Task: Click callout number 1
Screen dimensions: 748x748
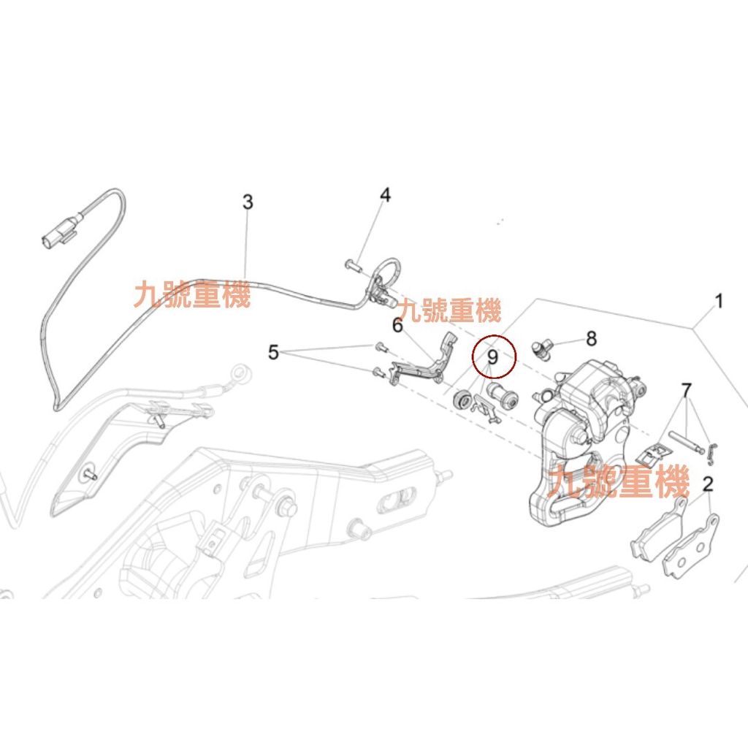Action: pyautogui.click(x=718, y=302)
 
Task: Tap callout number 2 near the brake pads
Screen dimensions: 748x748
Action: pyautogui.click(x=708, y=484)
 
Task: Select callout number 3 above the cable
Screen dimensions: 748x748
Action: pyautogui.click(x=248, y=202)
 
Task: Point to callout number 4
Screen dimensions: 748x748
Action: pyautogui.click(x=385, y=195)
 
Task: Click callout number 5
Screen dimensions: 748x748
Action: pyautogui.click(x=273, y=354)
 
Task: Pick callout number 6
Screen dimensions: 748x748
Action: pyautogui.click(x=397, y=326)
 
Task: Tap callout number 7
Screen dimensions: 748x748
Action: pyautogui.click(x=686, y=391)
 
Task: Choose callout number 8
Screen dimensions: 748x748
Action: pyautogui.click(x=591, y=338)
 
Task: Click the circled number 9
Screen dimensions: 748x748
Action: pyautogui.click(x=493, y=357)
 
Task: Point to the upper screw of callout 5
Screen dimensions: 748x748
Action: pyautogui.click(x=379, y=346)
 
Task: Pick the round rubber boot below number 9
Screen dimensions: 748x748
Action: pyautogui.click(x=462, y=400)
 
